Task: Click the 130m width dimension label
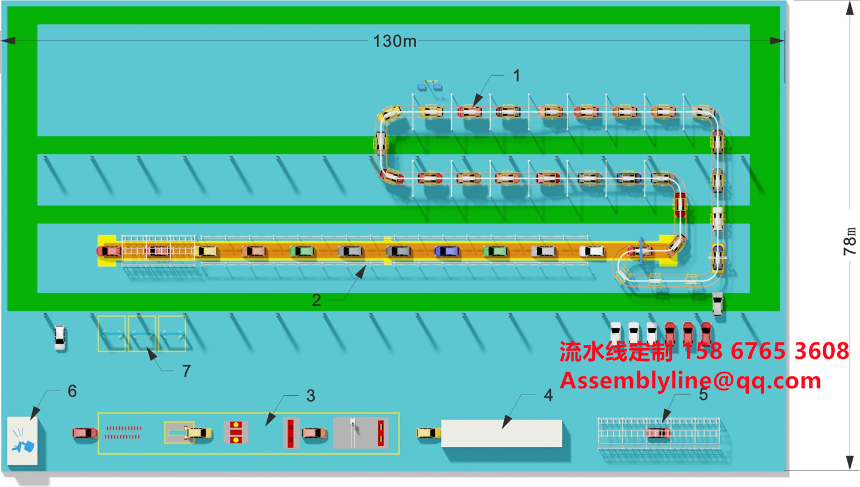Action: [394, 41]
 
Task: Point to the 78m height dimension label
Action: [850, 241]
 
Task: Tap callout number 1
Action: [517, 76]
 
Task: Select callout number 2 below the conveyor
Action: [316, 300]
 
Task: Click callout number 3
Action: [311, 396]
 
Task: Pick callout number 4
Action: [548, 395]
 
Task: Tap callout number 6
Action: [72, 391]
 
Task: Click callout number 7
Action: [186, 372]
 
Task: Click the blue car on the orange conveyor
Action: [447, 251]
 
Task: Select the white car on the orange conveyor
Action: [591, 251]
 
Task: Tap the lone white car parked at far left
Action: [60, 337]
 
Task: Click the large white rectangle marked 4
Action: [502, 433]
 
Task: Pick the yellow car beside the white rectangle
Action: [428, 433]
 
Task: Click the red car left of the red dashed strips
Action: [85, 433]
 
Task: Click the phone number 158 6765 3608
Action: [765, 351]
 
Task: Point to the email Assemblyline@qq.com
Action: [690, 381]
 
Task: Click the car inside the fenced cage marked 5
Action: [658, 433]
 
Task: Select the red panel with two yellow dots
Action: [236, 433]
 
